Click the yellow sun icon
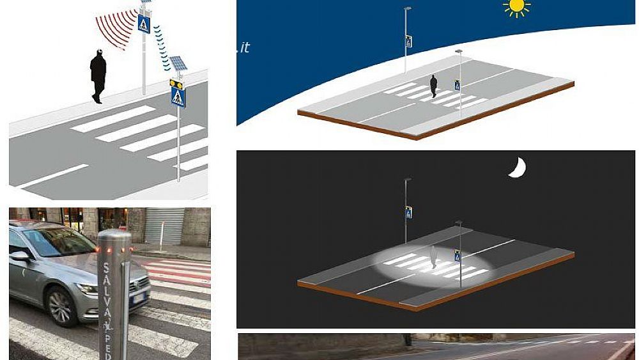pyautogui.click(x=516, y=7)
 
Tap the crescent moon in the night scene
pyautogui.click(x=518, y=168)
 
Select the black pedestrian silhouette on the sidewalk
pyautogui.click(x=98, y=75)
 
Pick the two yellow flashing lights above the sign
pyautogui.click(x=177, y=83)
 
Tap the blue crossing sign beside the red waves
pyautogui.click(x=144, y=24)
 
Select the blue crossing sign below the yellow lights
pyautogui.click(x=178, y=98)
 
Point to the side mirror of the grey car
pyautogui.click(x=20, y=256)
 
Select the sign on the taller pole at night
pyautogui.click(x=408, y=212)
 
